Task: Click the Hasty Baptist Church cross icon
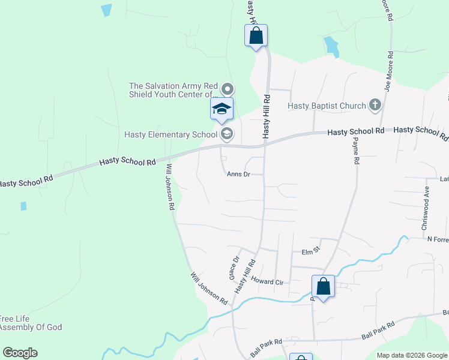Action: (x=375, y=106)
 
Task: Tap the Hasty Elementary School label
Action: (x=170, y=134)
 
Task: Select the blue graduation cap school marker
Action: (x=221, y=109)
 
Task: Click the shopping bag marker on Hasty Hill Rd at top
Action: (x=256, y=35)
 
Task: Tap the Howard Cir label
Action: (x=267, y=281)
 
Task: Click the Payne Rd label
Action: (x=355, y=150)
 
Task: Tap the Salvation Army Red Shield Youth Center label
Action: (x=173, y=90)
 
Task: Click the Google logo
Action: (x=20, y=353)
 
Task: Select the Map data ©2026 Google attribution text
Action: (x=412, y=355)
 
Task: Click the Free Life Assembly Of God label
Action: (x=30, y=323)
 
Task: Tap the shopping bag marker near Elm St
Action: (x=323, y=286)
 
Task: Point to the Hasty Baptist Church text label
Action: (x=327, y=106)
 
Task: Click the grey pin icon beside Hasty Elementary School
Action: (x=227, y=133)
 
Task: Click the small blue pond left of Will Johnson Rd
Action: (x=23, y=206)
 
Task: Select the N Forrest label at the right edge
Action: (x=438, y=239)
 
